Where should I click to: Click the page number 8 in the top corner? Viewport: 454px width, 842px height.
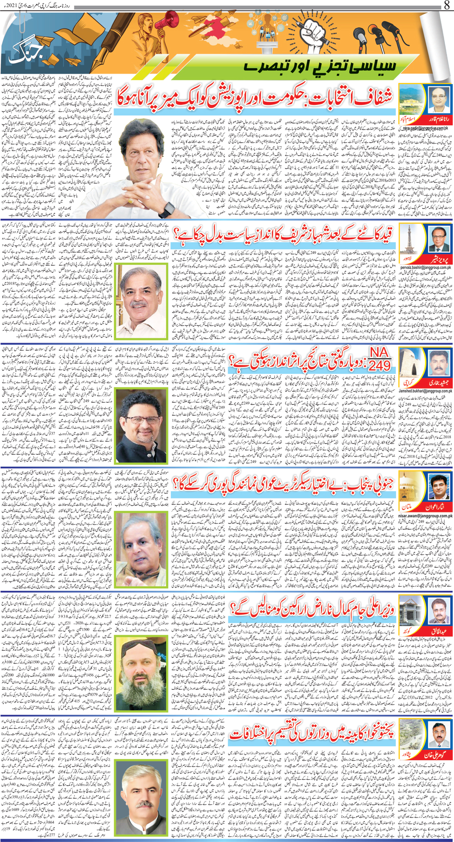[447, 6]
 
